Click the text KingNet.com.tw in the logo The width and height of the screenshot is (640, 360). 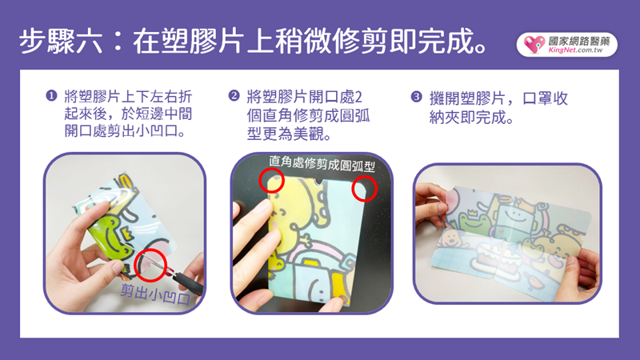575,50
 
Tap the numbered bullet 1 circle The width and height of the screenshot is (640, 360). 51,96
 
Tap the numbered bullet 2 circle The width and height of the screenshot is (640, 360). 234,96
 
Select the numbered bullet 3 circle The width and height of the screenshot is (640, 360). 416,97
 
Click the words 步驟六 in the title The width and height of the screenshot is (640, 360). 61,42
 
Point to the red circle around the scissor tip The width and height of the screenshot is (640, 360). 134,266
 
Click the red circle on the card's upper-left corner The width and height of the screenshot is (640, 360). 259,179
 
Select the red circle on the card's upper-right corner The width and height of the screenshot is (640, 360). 352,189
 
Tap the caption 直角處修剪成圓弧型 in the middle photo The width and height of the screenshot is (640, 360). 322,163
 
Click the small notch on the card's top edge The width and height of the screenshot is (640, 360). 318,182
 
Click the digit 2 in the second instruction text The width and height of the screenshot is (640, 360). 358,97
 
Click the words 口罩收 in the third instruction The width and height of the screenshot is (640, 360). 546,98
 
